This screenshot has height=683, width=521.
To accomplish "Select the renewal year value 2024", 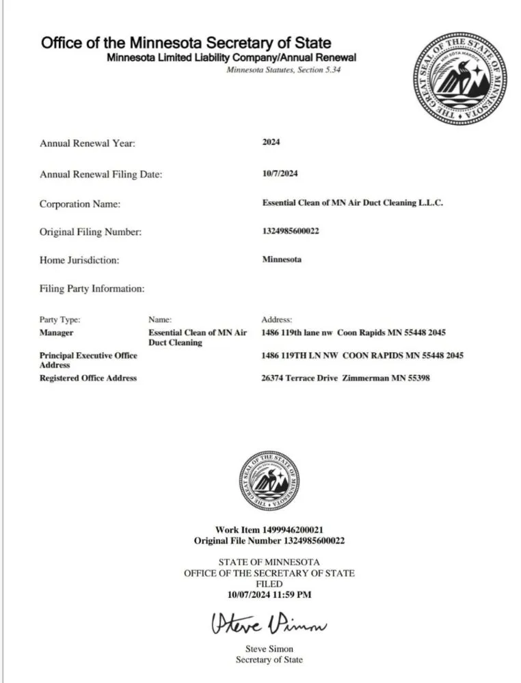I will [x=271, y=142].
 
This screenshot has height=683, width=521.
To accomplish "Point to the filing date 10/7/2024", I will [x=280, y=174].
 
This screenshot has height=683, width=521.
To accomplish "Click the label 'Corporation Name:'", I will [x=80, y=204].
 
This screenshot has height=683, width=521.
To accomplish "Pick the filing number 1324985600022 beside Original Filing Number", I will [x=291, y=231].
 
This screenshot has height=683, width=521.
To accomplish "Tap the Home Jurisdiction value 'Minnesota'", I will [x=282, y=260].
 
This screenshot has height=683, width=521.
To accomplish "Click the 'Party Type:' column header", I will [x=60, y=319].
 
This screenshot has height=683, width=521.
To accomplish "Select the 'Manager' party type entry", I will [x=57, y=333].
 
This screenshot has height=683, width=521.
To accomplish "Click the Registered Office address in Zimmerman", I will [x=345, y=378].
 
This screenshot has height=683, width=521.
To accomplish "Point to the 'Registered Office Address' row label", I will [x=88, y=378].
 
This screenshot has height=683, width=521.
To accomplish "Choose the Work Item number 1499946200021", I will [x=269, y=530].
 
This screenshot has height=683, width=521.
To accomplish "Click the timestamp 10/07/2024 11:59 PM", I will [x=269, y=595].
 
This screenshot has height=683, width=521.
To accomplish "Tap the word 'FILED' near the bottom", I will [x=269, y=585].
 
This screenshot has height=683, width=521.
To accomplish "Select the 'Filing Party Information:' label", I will [x=92, y=289].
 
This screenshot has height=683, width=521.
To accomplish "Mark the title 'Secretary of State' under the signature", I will [x=269, y=659].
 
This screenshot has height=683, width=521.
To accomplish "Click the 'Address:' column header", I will [x=277, y=319].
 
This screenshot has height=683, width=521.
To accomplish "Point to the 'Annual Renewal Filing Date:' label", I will [x=101, y=175].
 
